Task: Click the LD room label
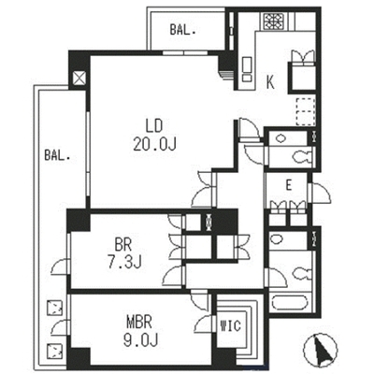[154, 126]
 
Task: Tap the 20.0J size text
[154, 144]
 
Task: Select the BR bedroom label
[123, 245]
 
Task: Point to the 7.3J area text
[124, 263]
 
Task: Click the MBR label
[139, 323]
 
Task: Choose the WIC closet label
[231, 326]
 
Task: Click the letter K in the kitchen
[270, 83]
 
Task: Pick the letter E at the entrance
[289, 186]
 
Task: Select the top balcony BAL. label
[182, 30]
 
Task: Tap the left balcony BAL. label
[57, 155]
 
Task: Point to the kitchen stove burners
[273, 22]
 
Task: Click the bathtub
[290, 303]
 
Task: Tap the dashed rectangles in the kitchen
[305, 112]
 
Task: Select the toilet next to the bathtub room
[301, 274]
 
